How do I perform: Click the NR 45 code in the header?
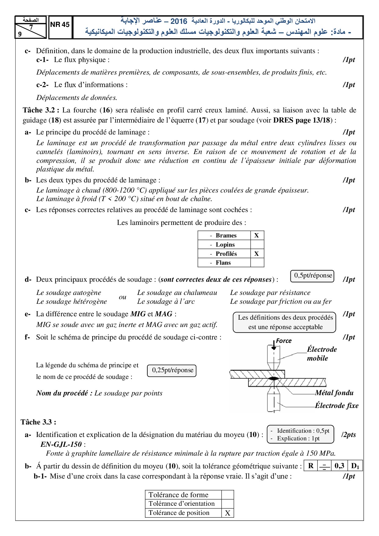60,25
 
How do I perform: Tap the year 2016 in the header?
178,21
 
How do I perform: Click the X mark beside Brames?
256,235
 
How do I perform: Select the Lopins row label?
225,244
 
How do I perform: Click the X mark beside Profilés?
256,254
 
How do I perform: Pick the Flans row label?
223,262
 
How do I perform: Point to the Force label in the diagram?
284,341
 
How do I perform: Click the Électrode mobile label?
322,354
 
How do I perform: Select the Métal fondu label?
334,393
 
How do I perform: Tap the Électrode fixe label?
337,406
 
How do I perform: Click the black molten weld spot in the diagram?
274,379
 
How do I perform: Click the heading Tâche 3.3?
38,422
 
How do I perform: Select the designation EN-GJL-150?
61,444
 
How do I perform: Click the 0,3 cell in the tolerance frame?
339,466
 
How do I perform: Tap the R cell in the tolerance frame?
311,466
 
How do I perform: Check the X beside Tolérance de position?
228,513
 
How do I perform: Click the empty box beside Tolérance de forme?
228,495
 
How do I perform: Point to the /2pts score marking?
349,435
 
